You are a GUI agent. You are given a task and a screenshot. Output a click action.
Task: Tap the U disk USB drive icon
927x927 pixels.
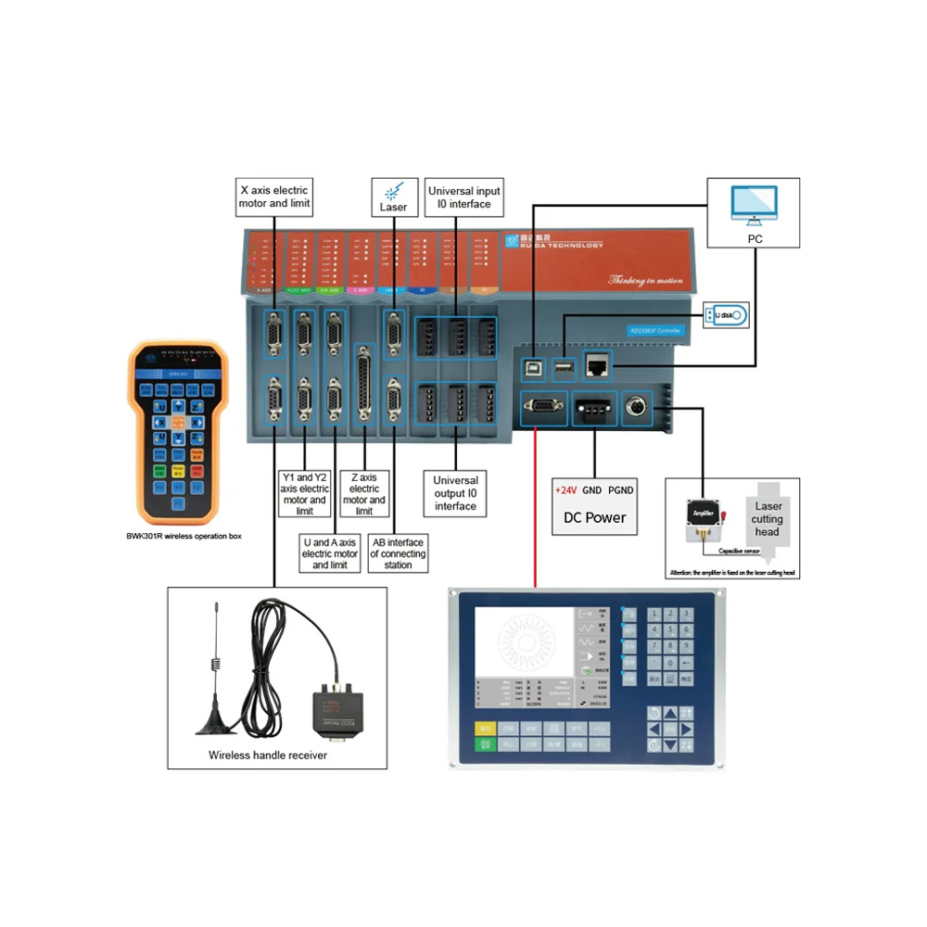pyautogui.click(x=725, y=316)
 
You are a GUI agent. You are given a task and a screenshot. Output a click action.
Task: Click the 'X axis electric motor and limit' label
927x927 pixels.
pyautogui.click(x=274, y=197)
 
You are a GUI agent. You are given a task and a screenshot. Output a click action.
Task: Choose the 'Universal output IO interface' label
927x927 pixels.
pyautogui.click(x=456, y=493)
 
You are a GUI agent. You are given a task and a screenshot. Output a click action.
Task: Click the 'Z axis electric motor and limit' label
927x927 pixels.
pyautogui.click(x=364, y=494)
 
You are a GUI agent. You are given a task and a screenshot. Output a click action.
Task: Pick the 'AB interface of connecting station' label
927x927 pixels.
pyautogui.click(x=397, y=553)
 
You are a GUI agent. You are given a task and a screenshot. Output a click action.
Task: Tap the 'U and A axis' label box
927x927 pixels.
pyautogui.click(x=330, y=553)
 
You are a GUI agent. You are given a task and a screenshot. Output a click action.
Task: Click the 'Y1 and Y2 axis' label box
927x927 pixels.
pyautogui.click(x=304, y=494)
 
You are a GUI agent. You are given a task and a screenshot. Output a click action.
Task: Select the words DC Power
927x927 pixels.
pyautogui.click(x=594, y=517)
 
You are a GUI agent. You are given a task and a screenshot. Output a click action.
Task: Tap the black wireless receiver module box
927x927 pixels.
pyautogui.click(x=337, y=708)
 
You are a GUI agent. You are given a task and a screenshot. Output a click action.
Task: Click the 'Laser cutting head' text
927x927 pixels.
pyautogui.click(x=768, y=519)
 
